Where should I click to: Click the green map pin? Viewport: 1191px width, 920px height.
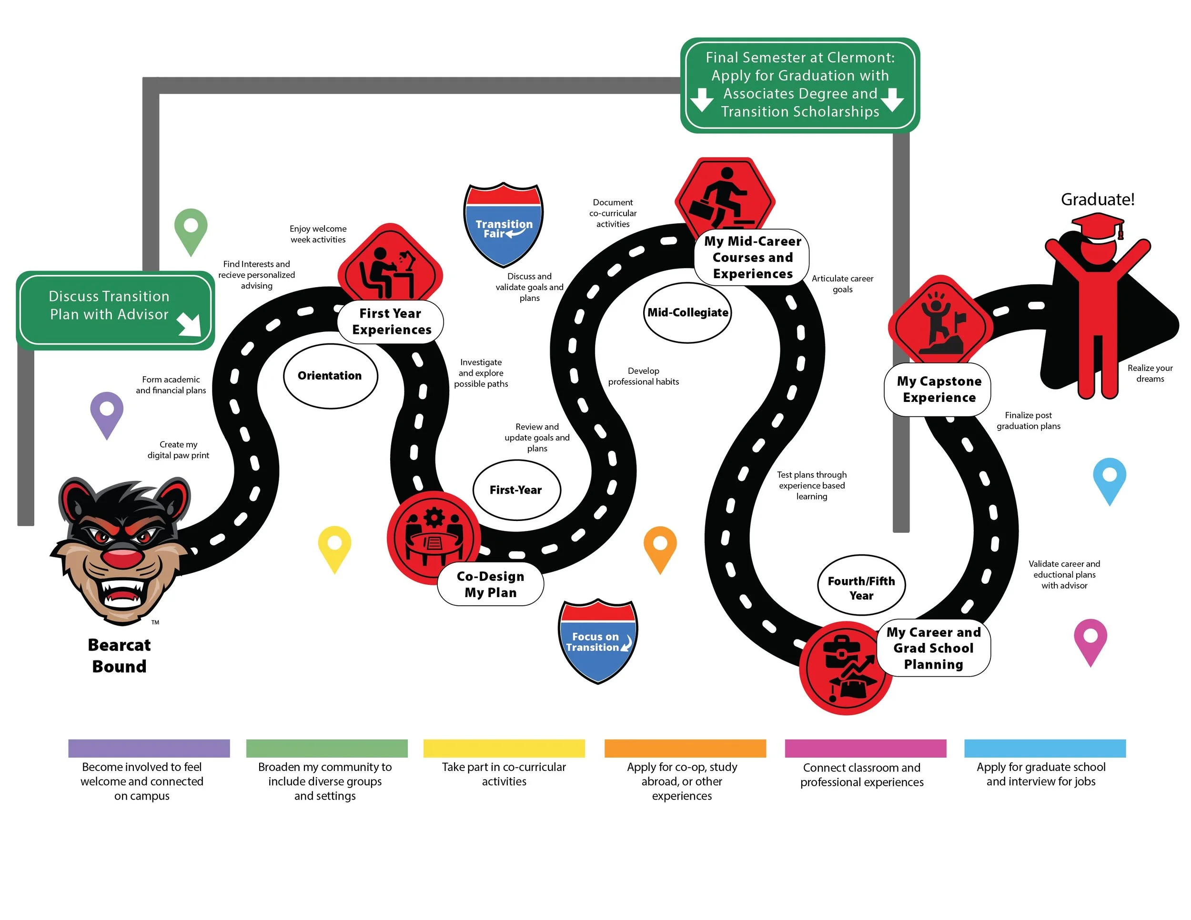click(x=191, y=229)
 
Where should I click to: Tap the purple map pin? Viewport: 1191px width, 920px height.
click(x=107, y=412)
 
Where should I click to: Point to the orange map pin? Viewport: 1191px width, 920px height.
click(x=660, y=547)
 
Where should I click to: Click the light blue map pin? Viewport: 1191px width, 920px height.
click(x=1109, y=478)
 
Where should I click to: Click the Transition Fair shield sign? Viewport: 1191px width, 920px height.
click(x=504, y=225)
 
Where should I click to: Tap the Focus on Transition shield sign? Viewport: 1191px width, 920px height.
click(x=598, y=641)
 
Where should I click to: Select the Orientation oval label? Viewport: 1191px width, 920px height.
click(x=330, y=376)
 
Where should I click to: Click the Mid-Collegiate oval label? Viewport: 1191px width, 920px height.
click(x=687, y=312)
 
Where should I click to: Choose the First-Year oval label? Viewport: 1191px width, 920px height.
click(x=516, y=490)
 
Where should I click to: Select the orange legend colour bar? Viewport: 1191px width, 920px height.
click(x=685, y=748)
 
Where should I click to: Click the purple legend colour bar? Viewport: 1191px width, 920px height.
click(x=149, y=748)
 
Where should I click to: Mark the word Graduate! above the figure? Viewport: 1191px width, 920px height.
click(x=1097, y=200)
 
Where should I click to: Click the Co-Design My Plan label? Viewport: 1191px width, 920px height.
click(x=490, y=584)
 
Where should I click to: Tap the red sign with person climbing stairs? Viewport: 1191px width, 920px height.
click(x=724, y=196)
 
